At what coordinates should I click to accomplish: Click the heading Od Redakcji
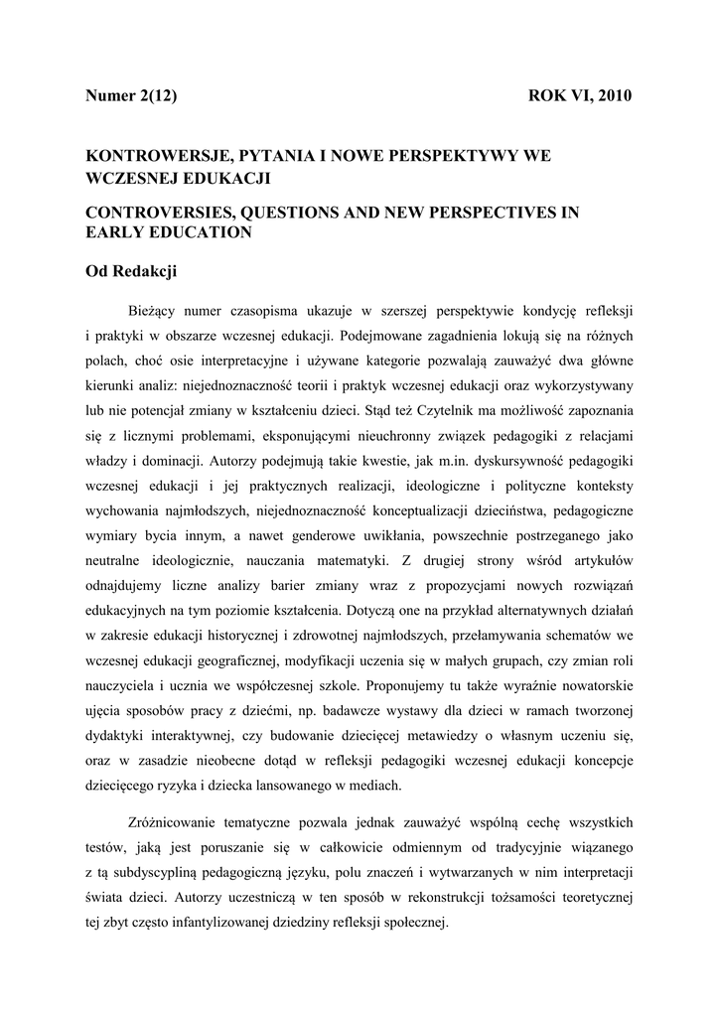tap(130, 269)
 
